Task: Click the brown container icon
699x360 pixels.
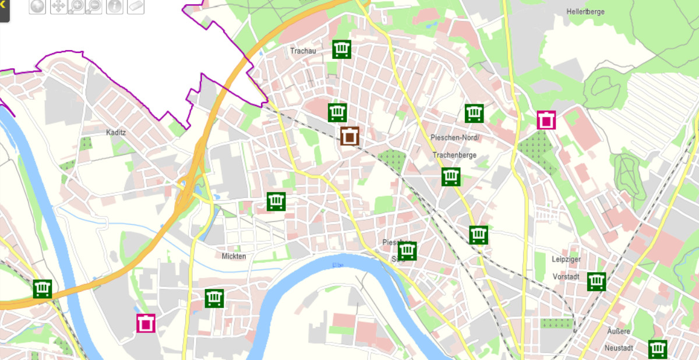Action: (x=349, y=136)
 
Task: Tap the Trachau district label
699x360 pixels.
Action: (x=303, y=51)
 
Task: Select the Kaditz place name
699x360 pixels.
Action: (x=116, y=132)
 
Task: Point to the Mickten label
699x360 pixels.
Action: (x=234, y=256)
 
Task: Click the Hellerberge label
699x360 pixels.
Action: (x=585, y=12)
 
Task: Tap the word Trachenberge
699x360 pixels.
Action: (x=454, y=155)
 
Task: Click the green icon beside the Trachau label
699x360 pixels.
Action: (x=342, y=50)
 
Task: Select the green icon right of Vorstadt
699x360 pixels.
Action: (x=596, y=281)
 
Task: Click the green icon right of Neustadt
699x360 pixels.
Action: (x=658, y=348)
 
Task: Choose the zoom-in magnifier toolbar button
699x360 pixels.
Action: (x=76, y=6)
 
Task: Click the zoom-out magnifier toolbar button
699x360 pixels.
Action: (x=94, y=6)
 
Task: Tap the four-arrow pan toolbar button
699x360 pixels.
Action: (x=58, y=6)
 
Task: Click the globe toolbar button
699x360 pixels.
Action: (x=38, y=6)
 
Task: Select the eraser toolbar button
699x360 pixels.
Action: (x=135, y=6)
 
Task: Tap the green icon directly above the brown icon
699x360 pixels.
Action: (x=337, y=112)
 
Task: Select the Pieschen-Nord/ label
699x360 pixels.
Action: (x=454, y=137)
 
